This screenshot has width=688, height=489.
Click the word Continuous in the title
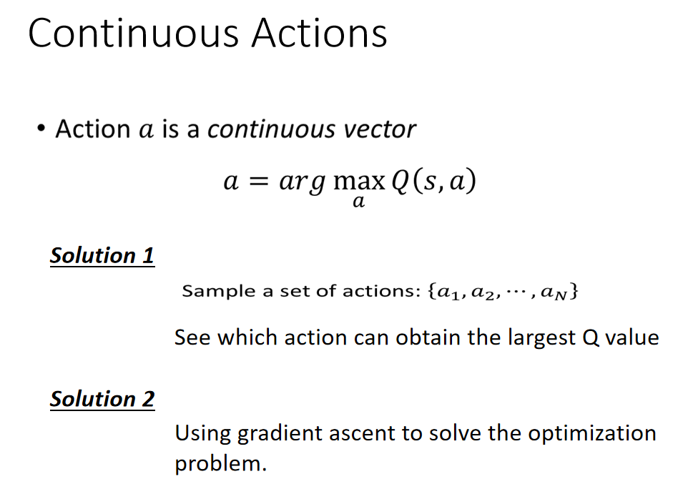click(x=134, y=33)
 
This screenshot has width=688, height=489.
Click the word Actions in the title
click(x=320, y=33)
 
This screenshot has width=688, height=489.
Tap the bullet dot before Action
click(x=41, y=129)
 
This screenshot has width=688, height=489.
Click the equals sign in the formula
click(x=258, y=182)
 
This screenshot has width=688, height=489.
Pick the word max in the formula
click(x=359, y=182)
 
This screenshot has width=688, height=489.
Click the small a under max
click(x=358, y=202)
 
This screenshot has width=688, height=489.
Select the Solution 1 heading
click(x=102, y=256)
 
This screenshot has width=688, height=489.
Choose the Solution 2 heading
click(x=102, y=399)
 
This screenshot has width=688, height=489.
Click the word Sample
click(x=219, y=291)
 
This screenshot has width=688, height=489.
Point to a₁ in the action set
click(x=448, y=292)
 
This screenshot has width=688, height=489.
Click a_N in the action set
click(x=554, y=292)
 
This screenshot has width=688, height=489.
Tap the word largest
click(x=541, y=338)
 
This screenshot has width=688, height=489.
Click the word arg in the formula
click(x=303, y=182)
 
